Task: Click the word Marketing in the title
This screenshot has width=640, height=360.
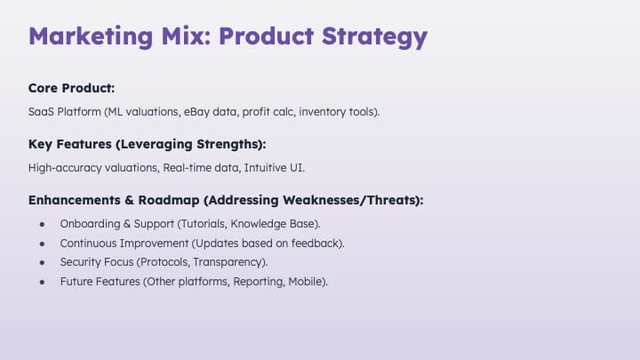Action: pyautogui.click(x=91, y=36)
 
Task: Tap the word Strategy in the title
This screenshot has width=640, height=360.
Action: pyautogui.click(x=375, y=37)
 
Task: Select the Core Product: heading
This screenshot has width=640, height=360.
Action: pyautogui.click(x=71, y=88)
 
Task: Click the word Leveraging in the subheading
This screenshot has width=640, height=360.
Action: pyautogui.click(x=156, y=145)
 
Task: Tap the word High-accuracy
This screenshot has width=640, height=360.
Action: pyautogui.click(x=65, y=168)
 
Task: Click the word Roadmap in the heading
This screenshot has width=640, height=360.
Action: pyautogui.click(x=169, y=200)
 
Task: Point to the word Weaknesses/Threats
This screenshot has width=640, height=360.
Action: pyautogui.click(x=349, y=200)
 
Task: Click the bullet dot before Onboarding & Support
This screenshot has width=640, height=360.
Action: pyautogui.click(x=42, y=224)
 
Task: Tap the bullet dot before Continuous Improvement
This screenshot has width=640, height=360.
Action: pyautogui.click(x=42, y=244)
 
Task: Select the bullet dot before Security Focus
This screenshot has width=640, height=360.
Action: pyautogui.click(x=42, y=262)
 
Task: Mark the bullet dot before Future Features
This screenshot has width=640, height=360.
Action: pyautogui.click(x=42, y=282)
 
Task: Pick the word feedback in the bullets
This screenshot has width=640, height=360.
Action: pyautogui.click(x=316, y=244)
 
